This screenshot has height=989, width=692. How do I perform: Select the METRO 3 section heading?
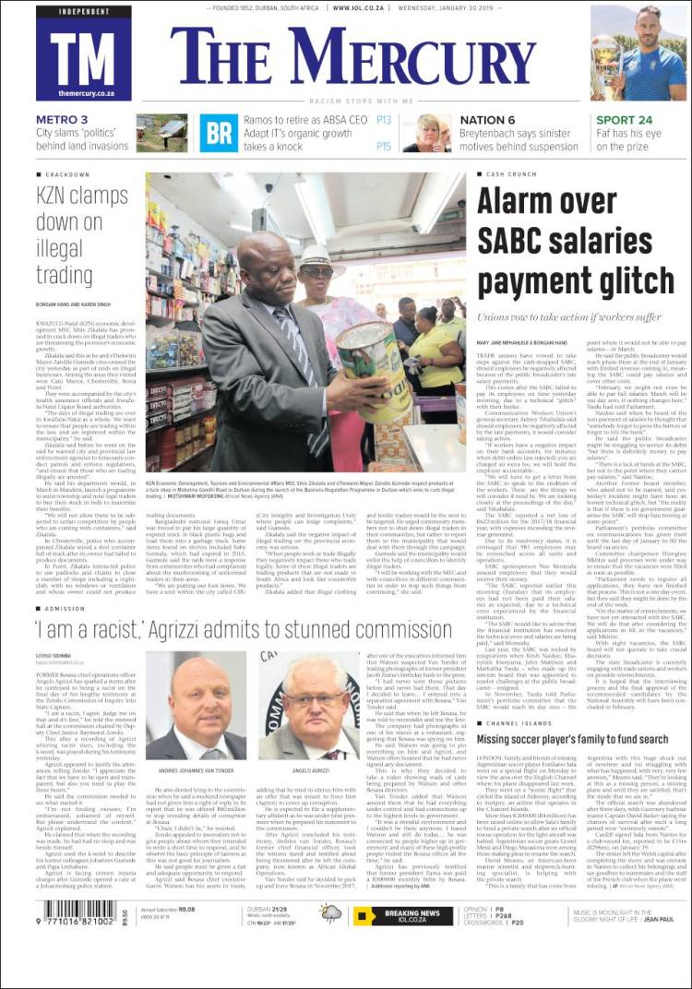(63, 120)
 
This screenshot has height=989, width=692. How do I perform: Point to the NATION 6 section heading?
(487, 120)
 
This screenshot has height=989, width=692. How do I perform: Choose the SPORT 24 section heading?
(624, 120)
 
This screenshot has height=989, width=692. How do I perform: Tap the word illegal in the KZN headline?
(59, 251)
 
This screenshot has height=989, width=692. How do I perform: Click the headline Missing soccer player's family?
(574, 739)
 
